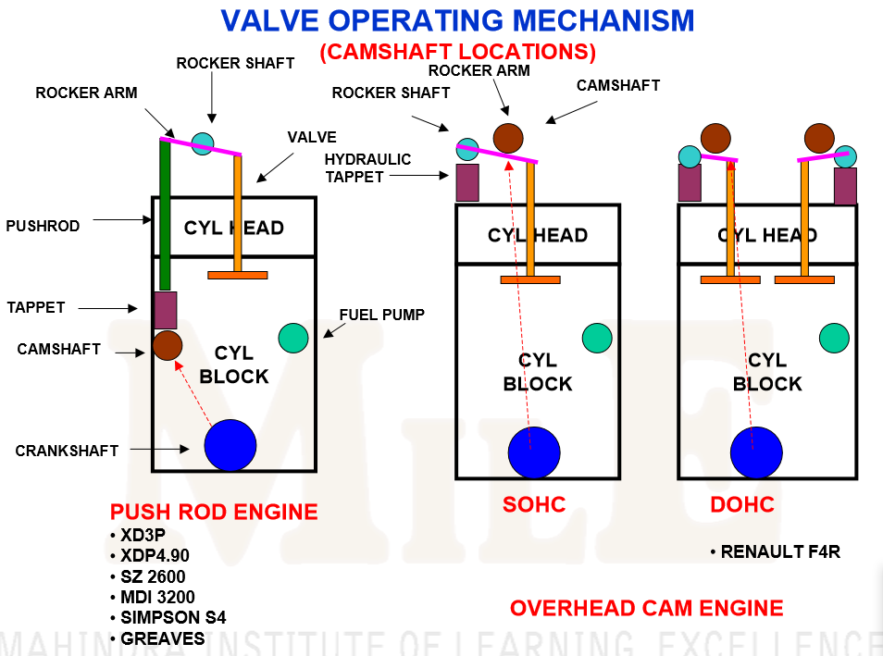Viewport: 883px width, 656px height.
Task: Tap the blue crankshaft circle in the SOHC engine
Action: click(x=534, y=452)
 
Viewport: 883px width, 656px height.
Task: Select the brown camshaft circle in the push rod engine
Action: click(x=168, y=345)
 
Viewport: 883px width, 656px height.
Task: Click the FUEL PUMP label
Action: click(x=381, y=315)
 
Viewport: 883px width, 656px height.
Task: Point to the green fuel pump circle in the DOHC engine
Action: click(x=834, y=338)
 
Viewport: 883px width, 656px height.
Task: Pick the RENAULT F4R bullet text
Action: click(x=775, y=552)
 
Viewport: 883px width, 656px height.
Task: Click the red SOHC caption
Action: click(x=534, y=505)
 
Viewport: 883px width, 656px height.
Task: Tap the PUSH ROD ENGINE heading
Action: click(x=214, y=512)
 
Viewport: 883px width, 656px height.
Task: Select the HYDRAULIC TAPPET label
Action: click(x=367, y=167)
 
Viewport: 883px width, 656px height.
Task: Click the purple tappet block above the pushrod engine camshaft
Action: click(x=165, y=310)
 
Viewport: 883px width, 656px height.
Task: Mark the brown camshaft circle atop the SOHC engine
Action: click(x=508, y=138)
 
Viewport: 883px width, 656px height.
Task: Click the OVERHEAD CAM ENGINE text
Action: click(x=646, y=608)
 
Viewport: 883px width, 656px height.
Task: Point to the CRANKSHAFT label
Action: click(x=67, y=451)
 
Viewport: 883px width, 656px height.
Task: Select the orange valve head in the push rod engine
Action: click(x=237, y=275)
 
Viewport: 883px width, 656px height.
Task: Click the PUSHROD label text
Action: click(x=43, y=225)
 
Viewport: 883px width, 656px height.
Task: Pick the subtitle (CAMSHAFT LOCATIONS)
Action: click(x=457, y=52)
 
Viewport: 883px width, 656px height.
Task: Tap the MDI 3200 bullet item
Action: click(x=157, y=597)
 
